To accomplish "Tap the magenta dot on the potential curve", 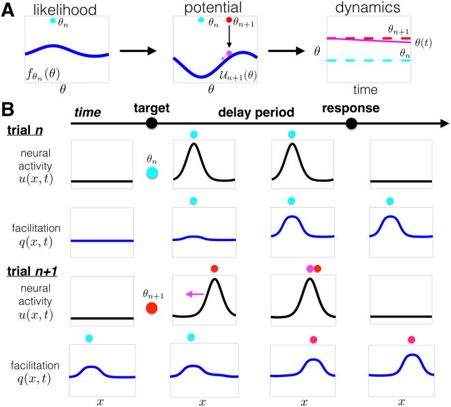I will pyautogui.click(x=229, y=53).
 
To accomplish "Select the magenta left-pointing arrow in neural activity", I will pyautogui.click(x=195, y=294).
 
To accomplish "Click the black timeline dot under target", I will pyautogui.click(x=152, y=122).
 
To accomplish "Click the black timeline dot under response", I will pyautogui.click(x=351, y=122).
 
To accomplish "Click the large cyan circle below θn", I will pyautogui.click(x=152, y=173).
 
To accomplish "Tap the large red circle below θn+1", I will pyautogui.click(x=152, y=308).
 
